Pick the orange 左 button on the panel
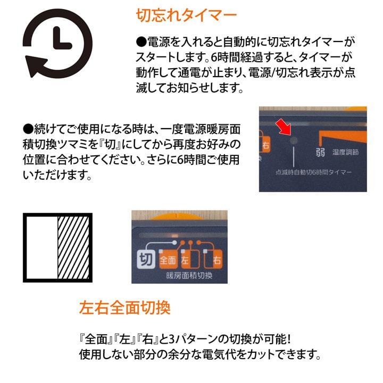pyautogui.click(x=186, y=261)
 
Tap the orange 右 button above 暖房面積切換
pyautogui.click(x=217, y=261)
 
